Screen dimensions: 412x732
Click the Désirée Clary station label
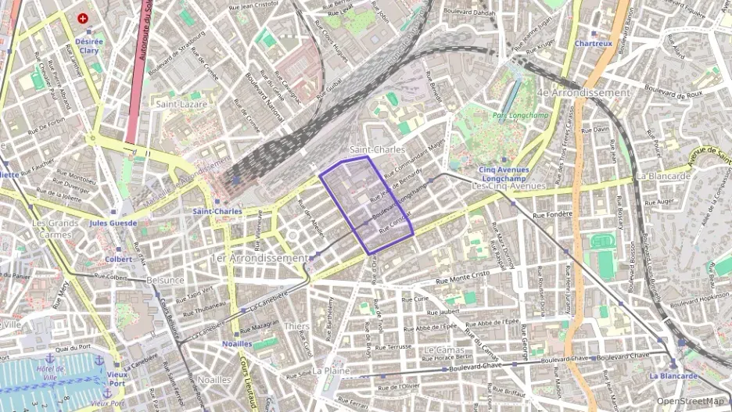[x=88, y=45]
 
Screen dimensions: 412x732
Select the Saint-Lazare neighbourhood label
[x=181, y=104]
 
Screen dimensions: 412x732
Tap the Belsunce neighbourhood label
[x=165, y=280]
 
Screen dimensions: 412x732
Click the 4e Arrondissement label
[x=583, y=92]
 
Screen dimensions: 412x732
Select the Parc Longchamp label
[x=521, y=116]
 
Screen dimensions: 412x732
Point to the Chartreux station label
[x=593, y=45]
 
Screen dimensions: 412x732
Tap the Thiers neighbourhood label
[x=296, y=326]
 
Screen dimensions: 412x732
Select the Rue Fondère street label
[x=553, y=214]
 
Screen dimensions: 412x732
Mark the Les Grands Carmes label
[x=54, y=228]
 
